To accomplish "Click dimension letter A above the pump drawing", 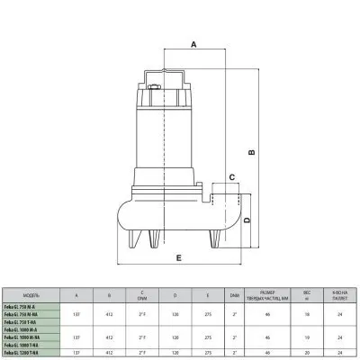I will point(193,42).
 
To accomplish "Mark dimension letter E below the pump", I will point(179,258).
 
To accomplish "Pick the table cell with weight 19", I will point(307,336).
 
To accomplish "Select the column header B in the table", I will point(109,295).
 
